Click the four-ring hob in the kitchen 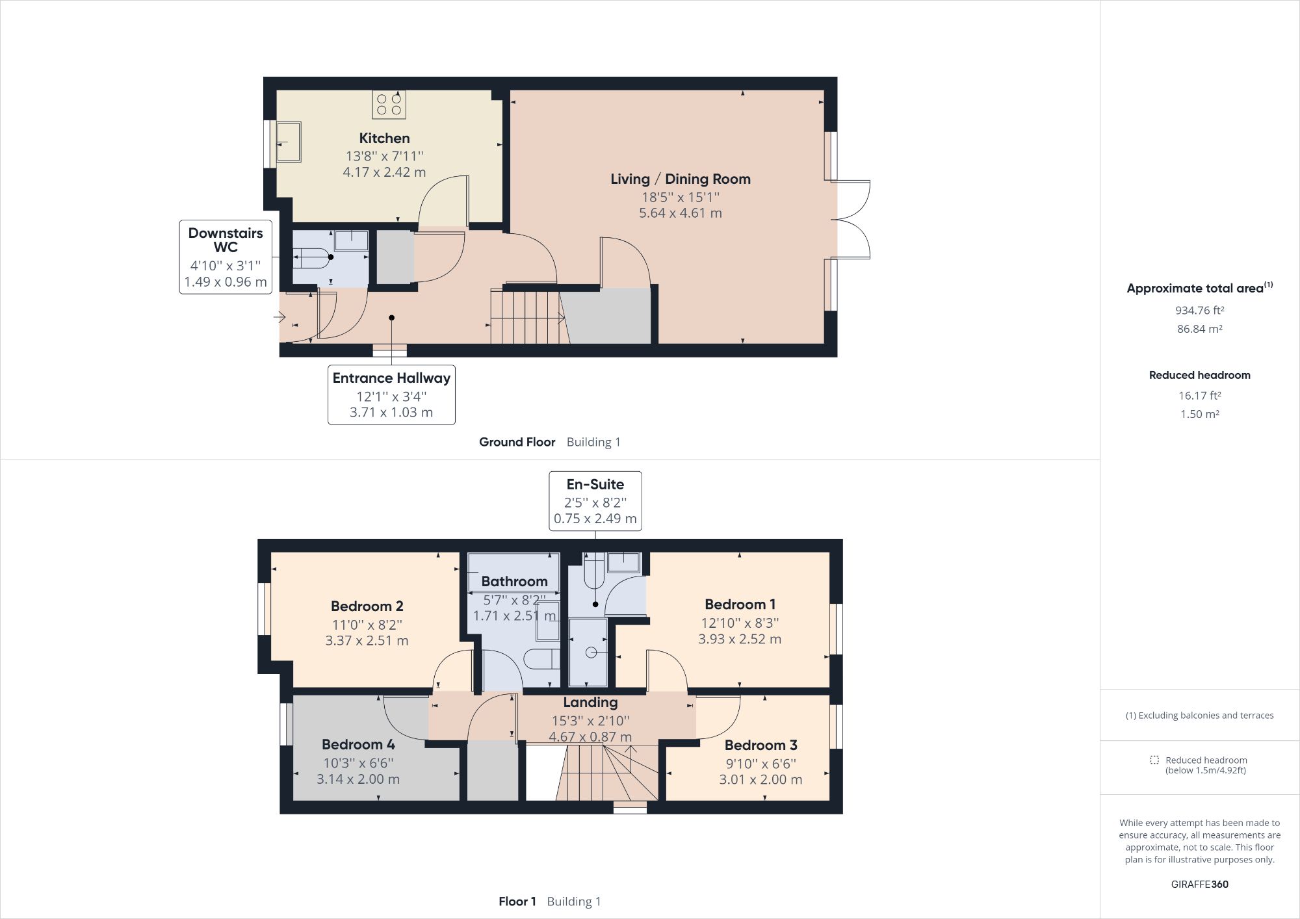click(x=389, y=105)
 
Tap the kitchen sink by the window click(x=288, y=142)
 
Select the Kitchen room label click(x=384, y=138)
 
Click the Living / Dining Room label click(x=680, y=179)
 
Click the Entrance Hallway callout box click(x=391, y=395)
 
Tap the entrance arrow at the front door click(x=279, y=317)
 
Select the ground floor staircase click(x=526, y=317)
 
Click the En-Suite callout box click(x=595, y=500)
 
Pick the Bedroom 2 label click(x=367, y=606)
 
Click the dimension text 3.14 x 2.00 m click(x=358, y=779)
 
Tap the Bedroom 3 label click(x=760, y=745)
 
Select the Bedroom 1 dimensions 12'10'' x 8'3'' click(x=740, y=623)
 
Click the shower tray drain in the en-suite click(x=591, y=653)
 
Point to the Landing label click(x=590, y=702)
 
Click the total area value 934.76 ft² click(x=1199, y=310)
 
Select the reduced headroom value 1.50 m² click(x=1199, y=414)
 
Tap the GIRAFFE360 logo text click(x=1199, y=884)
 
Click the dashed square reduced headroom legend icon click(x=1154, y=760)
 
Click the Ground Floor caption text click(x=517, y=442)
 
